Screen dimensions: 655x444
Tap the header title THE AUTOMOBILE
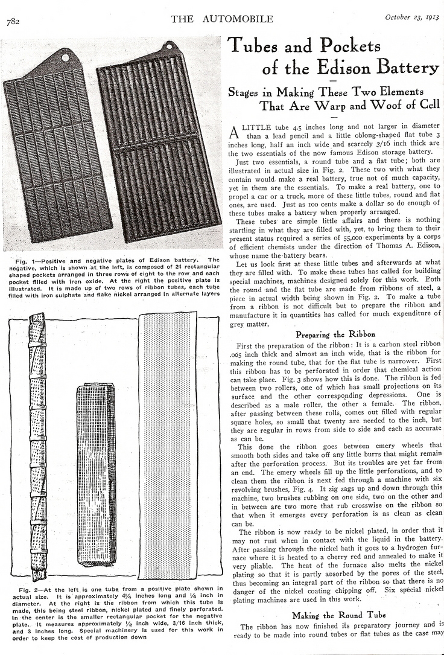222,19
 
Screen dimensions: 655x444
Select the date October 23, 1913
412,18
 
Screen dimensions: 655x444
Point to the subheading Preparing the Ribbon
335,334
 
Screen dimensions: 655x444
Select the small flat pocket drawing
96,474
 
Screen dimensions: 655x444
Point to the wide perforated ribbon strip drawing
168,444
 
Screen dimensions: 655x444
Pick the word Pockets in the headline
347,46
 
